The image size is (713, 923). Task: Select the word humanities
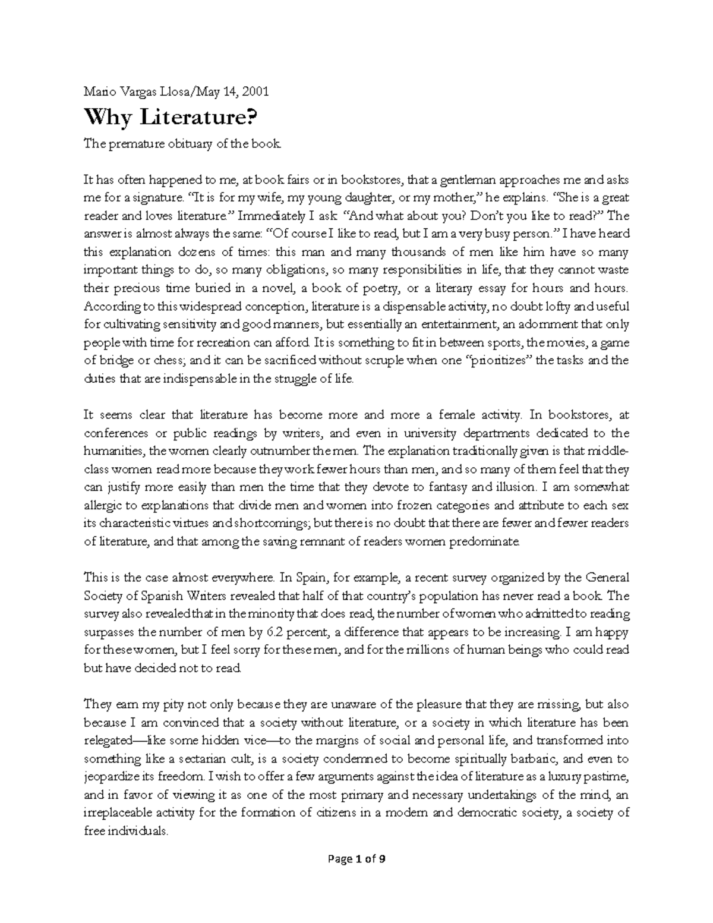click(x=113, y=451)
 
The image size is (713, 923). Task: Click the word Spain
click(x=307, y=578)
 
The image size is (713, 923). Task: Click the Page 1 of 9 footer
click(x=357, y=859)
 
